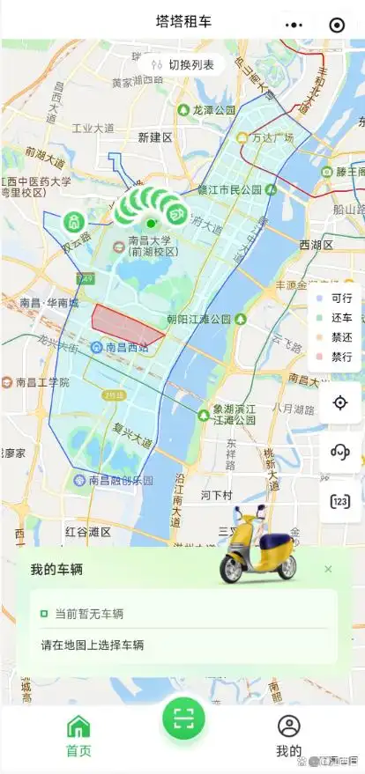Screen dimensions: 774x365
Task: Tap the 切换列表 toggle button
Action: click(182, 63)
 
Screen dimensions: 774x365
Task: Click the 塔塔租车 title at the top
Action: click(182, 21)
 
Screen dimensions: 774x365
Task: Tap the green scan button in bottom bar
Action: click(183, 719)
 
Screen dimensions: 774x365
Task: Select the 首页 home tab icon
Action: click(78, 726)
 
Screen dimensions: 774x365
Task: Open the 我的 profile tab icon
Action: click(288, 726)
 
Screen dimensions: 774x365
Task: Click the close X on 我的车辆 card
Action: click(328, 570)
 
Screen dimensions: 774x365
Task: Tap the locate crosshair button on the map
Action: click(340, 402)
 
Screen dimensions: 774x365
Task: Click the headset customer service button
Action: click(340, 452)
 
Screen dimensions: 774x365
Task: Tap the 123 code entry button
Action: click(340, 501)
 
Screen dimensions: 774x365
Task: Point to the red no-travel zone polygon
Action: click(125, 324)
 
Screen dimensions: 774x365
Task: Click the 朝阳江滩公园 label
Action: click(205, 318)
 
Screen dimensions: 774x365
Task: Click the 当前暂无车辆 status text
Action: click(88, 614)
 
